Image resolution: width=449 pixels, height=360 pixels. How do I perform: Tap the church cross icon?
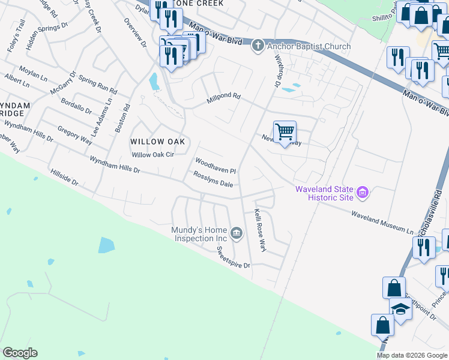(x=258, y=46)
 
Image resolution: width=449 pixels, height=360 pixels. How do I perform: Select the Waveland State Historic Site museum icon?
(x=363, y=193)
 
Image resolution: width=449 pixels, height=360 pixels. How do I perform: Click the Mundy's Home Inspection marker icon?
(x=237, y=233)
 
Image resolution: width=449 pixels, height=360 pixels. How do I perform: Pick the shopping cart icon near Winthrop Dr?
(x=285, y=131)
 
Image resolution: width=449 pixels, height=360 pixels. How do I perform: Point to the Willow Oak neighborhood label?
(x=157, y=142)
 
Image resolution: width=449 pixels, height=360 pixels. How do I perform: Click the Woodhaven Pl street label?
(x=215, y=166)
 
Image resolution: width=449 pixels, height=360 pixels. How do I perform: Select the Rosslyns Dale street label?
(x=212, y=179)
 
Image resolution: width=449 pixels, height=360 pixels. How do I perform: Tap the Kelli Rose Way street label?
(x=259, y=229)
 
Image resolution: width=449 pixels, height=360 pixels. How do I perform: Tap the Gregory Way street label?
(x=74, y=135)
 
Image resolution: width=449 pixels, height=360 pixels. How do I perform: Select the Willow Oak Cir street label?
(x=152, y=155)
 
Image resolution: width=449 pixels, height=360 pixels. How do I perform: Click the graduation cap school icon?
(x=400, y=308)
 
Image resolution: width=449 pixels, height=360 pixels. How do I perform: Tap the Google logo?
(x=20, y=353)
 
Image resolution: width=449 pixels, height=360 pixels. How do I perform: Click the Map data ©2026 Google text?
(x=412, y=355)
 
